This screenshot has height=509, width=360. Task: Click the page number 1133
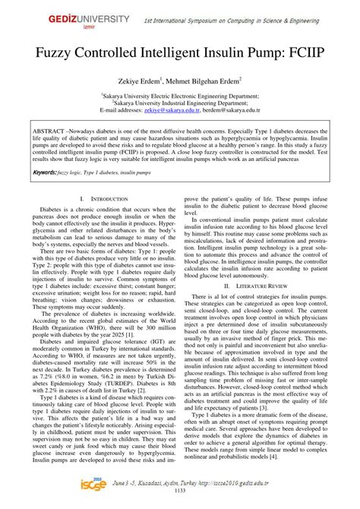[x=180, y=501]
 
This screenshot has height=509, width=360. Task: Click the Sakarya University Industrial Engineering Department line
[x=180, y=102]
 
